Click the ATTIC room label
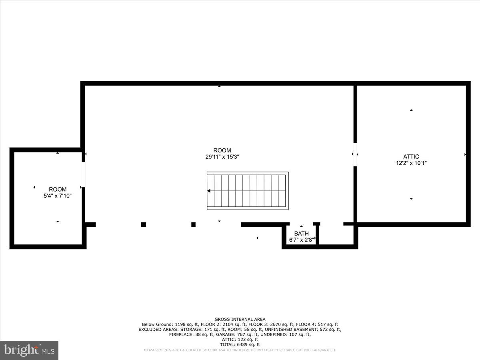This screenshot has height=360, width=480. [411, 157]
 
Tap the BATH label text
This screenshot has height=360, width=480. [301, 234]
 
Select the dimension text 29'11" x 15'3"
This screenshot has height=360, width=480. [222, 157]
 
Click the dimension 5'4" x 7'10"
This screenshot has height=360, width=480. [58, 196]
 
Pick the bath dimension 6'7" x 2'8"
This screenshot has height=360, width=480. [301, 240]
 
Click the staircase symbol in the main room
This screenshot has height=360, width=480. [248, 191]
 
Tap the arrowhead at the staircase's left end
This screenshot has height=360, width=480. [208, 191]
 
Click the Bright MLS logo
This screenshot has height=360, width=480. [29, 350]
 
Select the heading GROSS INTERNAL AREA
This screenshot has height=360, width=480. [240, 319]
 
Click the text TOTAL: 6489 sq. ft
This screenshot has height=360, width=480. [240, 344]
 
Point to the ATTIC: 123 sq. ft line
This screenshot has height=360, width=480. [240, 339]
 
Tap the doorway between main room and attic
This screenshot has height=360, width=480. [355, 154]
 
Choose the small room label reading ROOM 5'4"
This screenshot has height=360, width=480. [58, 190]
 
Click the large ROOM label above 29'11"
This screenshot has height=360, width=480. [222, 150]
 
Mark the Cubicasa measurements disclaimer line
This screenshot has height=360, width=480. [240, 350]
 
